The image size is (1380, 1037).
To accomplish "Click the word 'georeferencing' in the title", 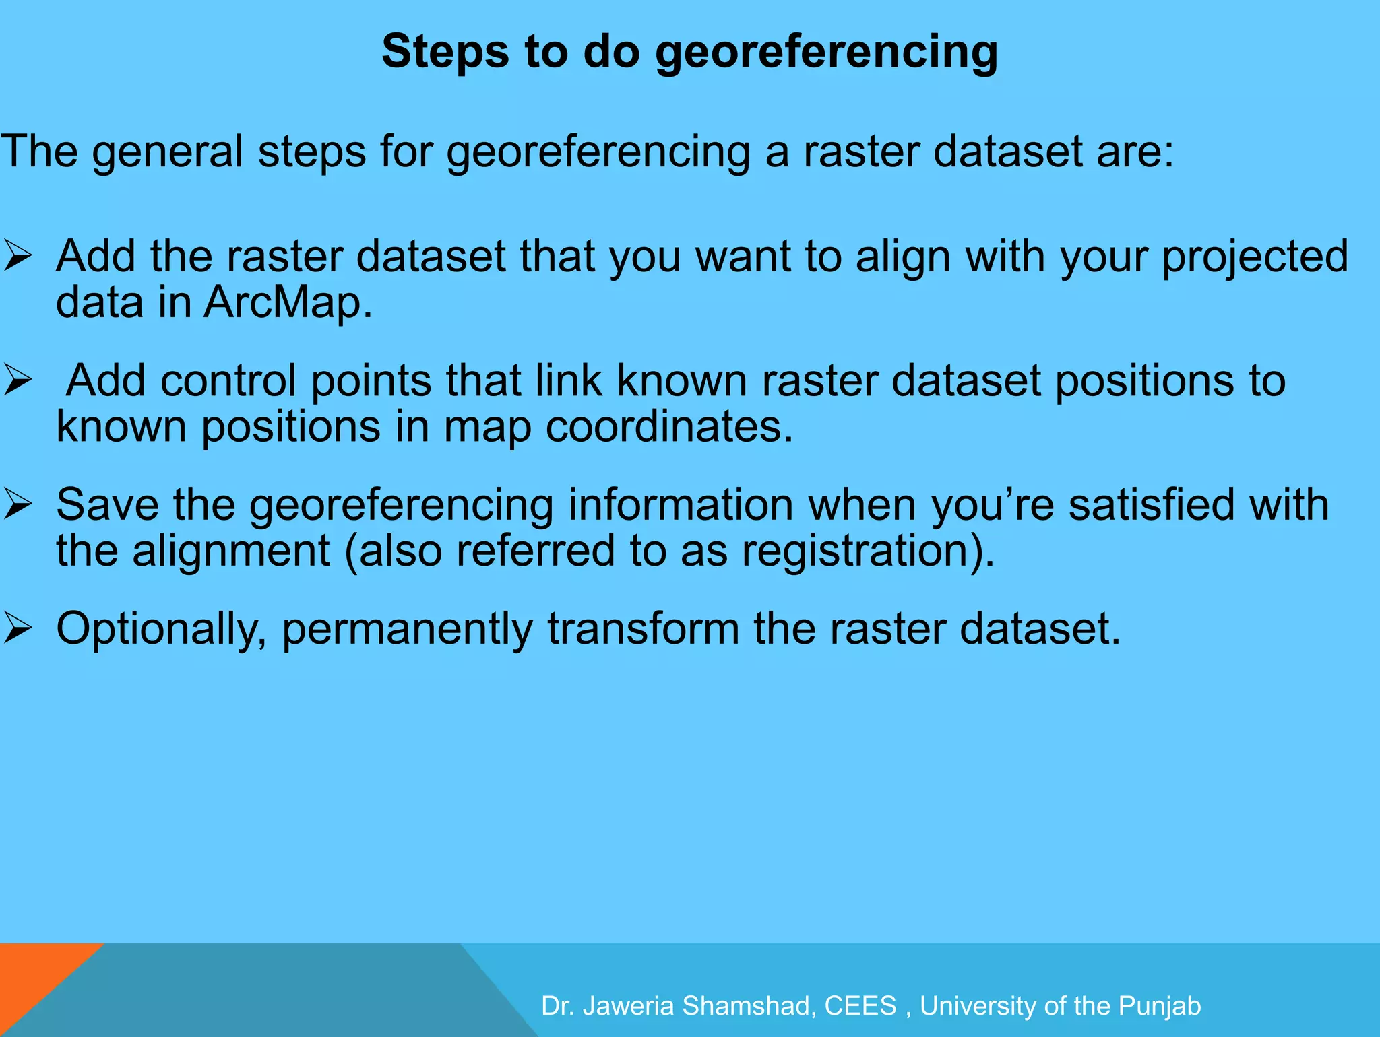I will point(826,53).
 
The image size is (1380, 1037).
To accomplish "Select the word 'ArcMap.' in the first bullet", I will point(288,302).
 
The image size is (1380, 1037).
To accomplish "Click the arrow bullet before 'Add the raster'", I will point(18,257).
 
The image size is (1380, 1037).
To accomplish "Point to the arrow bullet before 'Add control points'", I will point(18,381).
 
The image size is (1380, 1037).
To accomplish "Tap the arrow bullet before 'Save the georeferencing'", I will point(18,505).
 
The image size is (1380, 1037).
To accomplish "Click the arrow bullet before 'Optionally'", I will point(18,629).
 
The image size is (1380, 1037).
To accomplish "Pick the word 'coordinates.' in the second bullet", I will point(669,427).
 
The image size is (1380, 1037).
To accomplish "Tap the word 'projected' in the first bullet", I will point(1255,258).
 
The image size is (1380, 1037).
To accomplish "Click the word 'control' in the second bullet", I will point(228,381).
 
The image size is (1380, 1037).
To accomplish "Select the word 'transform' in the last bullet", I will point(643,629).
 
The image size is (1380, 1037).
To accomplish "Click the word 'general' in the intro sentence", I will point(168,152).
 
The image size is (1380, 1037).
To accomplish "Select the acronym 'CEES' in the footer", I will point(860,1006).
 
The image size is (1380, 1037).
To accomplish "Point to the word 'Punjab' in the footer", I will point(1160,1006).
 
